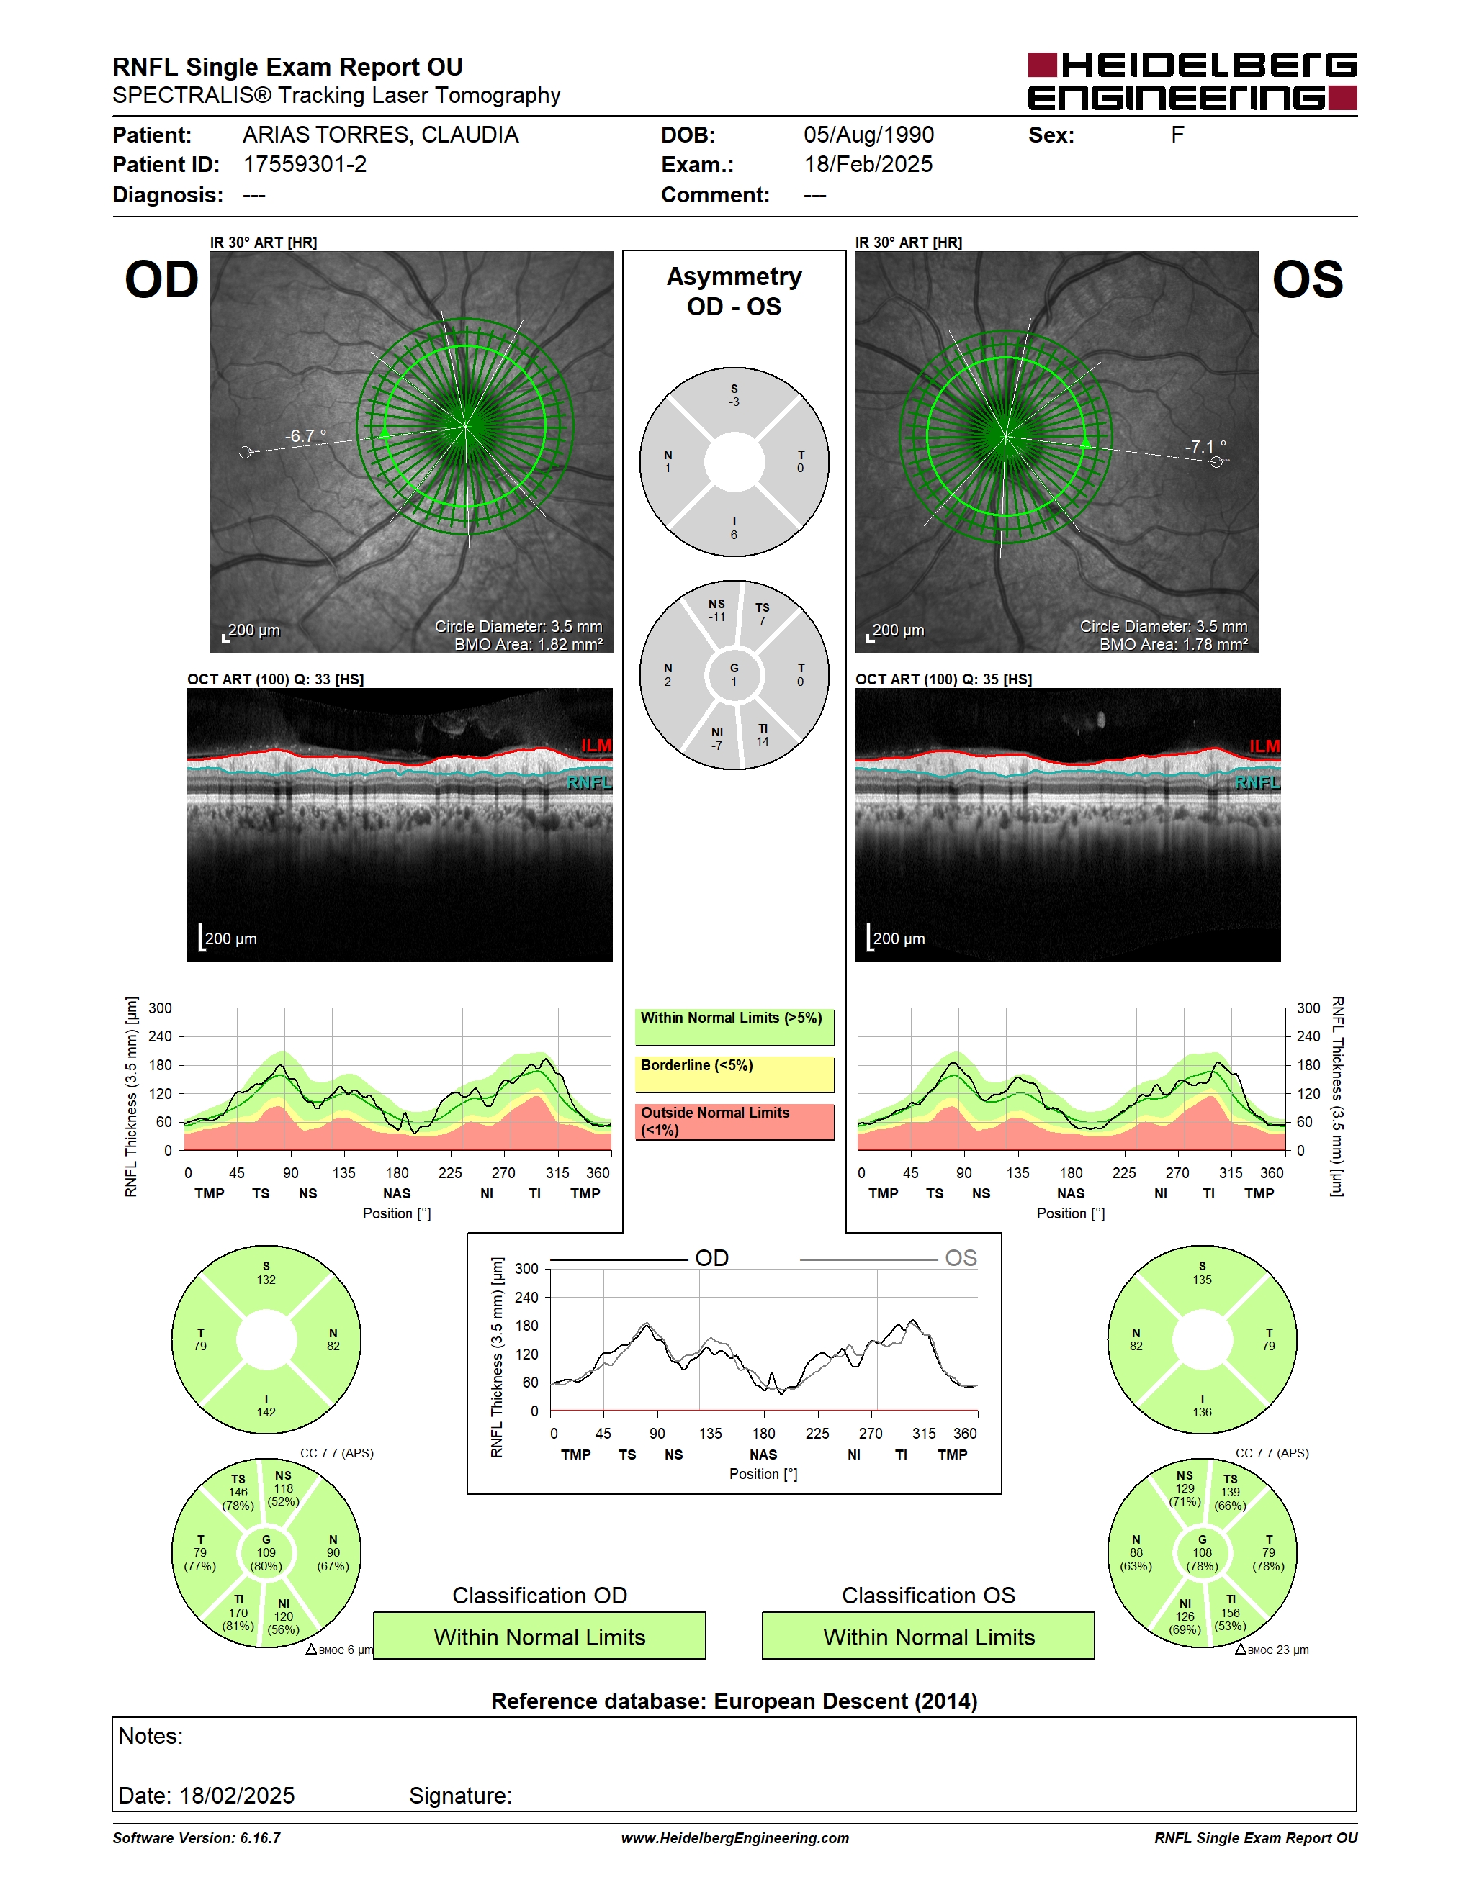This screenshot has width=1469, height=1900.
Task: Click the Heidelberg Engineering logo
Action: pyautogui.click(x=1192, y=82)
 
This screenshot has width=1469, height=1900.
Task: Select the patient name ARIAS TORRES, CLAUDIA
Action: pyautogui.click(x=380, y=135)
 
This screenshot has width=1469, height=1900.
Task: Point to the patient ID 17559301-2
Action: pyautogui.click(x=305, y=164)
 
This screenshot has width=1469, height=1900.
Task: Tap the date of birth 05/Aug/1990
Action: pyautogui.click(x=868, y=135)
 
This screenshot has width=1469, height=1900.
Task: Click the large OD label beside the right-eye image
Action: pyautogui.click(x=162, y=280)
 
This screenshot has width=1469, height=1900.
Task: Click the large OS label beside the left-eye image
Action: pyautogui.click(x=1307, y=280)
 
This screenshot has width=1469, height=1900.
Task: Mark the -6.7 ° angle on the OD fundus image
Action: pyautogui.click(x=305, y=436)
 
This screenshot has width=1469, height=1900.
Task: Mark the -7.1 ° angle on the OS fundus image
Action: pyautogui.click(x=1205, y=446)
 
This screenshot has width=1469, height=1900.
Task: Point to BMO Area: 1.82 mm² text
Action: pyautogui.click(x=529, y=645)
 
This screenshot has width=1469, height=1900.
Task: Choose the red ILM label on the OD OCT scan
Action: pyautogui.click(x=596, y=746)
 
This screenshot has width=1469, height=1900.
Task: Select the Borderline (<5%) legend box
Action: pyautogui.click(x=734, y=1075)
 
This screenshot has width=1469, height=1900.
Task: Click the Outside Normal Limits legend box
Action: pyautogui.click(x=734, y=1122)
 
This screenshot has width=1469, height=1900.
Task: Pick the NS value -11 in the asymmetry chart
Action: pyautogui.click(x=716, y=611)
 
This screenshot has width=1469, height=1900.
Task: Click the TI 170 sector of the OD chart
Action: pyautogui.click(x=238, y=1613)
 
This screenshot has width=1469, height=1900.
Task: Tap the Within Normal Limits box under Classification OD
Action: pyautogui.click(x=539, y=1637)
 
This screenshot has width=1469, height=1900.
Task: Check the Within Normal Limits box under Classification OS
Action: pyautogui.click(x=929, y=1637)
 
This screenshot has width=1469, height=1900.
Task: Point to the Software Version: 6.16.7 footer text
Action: pyautogui.click(x=197, y=1838)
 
